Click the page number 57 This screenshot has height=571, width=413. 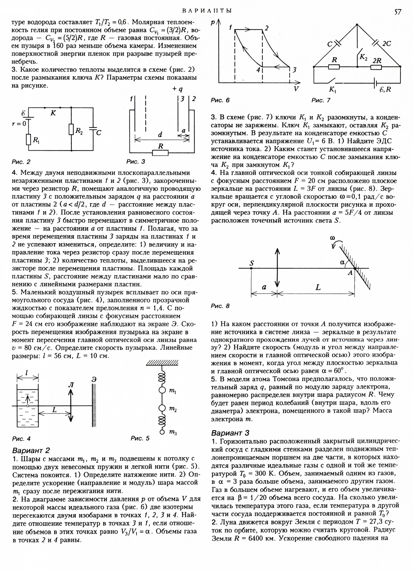[x=398, y=12]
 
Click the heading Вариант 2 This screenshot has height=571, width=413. [x=31, y=450]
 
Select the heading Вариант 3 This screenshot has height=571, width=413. [x=230, y=433]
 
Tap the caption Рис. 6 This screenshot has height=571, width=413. [x=220, y=100]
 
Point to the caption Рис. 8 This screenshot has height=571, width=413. [x=220, y=306]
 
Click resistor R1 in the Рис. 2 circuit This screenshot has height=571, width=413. [x=28, y=139]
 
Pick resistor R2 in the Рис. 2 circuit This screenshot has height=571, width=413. [x=71, y=129]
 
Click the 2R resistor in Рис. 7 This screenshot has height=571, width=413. [x=376, y=67]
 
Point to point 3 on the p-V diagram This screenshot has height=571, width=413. [x=290, y=67]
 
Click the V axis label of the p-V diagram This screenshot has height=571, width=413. [x=296, y=89]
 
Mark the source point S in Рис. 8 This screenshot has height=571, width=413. [x=251, y=268]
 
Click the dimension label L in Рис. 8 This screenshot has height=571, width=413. [x=318, y=287]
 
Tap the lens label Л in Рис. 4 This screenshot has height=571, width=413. [x=71, y=385]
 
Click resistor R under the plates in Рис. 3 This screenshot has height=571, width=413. [x=160, y=153]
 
